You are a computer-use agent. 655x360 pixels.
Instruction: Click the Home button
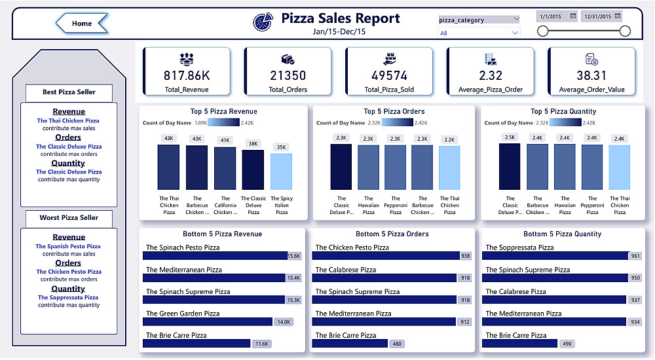82,24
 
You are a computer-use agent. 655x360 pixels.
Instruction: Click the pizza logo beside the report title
263,21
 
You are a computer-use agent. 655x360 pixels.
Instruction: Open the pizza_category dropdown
479,20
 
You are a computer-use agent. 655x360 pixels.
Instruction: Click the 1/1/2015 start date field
556,16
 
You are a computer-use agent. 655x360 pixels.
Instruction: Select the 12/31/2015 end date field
601,16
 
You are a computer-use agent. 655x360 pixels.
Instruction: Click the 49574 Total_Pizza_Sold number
389,76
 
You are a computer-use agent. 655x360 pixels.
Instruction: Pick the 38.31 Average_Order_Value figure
592,75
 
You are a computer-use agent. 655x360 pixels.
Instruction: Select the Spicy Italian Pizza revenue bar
282,171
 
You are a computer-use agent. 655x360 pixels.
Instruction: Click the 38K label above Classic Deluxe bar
253,143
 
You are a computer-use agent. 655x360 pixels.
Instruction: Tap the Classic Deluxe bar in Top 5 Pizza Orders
341,167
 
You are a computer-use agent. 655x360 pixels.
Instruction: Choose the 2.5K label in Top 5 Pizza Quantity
510,137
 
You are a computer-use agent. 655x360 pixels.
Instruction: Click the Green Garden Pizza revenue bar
208,321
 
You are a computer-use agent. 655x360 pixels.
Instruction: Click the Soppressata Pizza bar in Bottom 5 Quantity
556,256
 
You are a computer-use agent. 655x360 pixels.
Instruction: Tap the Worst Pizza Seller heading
69,218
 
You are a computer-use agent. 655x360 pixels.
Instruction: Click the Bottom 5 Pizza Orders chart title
392,234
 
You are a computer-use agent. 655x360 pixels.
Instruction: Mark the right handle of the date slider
625,31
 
